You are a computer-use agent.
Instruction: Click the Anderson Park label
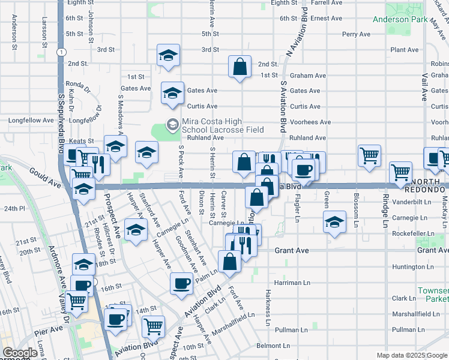click(400, 19)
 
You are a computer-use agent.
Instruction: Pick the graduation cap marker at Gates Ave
click(172, 93)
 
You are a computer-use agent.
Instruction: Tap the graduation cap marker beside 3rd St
click(168, 55)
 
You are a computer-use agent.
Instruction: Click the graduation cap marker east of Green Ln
click(334, 221)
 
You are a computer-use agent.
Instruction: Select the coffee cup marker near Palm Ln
click(181, 283)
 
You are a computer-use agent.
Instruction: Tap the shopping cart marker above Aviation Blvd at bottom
click(154, 326)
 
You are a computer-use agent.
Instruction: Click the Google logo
click(20, 353)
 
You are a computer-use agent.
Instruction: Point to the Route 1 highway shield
click(61, 52)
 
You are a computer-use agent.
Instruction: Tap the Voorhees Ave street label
click(310, 122)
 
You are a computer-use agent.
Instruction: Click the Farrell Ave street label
click(327, 3)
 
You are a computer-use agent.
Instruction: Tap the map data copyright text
click(411, 355)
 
